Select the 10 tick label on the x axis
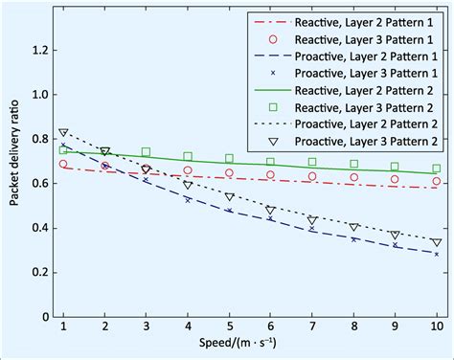437,329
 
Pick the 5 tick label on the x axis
229,329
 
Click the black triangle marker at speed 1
63,133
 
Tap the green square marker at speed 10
437,169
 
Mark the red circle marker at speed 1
63,164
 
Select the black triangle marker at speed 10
437,242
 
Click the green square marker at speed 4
188,156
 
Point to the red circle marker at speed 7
312,176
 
